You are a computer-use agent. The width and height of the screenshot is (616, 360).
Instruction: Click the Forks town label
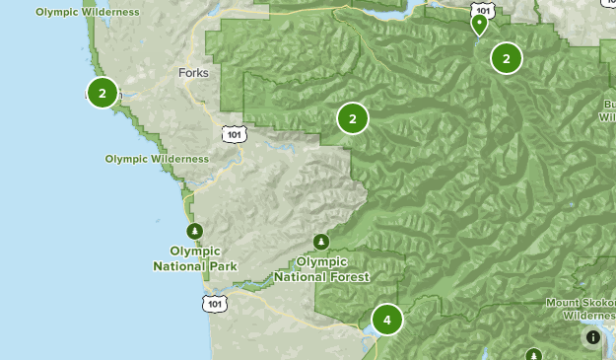pos(194,73)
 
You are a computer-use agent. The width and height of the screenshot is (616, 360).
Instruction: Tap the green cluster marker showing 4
pos(387,320)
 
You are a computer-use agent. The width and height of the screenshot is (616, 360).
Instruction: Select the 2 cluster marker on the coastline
pos(103,92)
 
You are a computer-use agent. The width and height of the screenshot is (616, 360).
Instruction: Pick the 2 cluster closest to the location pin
pos(506,58)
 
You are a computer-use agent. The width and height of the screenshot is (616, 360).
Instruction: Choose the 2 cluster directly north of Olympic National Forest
pos(352,118)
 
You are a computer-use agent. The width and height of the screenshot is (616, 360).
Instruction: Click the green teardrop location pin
pos(480,25)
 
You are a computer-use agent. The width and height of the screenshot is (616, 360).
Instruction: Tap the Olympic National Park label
pos(195,258)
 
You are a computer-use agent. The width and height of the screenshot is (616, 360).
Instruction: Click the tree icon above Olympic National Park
pos(195,231)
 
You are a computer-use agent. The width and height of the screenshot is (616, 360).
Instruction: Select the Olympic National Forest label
pos(321,269)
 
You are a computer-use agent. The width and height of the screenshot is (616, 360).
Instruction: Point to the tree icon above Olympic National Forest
pos(320,242)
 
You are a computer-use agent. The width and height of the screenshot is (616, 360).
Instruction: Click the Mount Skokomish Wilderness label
pos(582,309)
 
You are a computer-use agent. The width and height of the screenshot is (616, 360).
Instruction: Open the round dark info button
pos(592,337)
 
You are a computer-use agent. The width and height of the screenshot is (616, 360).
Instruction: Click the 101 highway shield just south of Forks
pos(232,133)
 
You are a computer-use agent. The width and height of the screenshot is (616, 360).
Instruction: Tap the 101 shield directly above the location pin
pos(481,8)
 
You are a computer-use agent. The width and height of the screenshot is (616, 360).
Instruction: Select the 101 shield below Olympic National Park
pos(216,304)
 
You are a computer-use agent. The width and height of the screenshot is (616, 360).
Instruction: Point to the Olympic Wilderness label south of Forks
pos(157,158)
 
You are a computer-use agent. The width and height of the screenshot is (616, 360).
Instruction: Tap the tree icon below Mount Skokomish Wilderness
pos(533,354)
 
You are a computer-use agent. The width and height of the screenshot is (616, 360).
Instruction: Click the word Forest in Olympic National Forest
pos(350,277)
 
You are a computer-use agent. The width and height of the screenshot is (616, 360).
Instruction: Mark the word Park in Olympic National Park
pos(223,266)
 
